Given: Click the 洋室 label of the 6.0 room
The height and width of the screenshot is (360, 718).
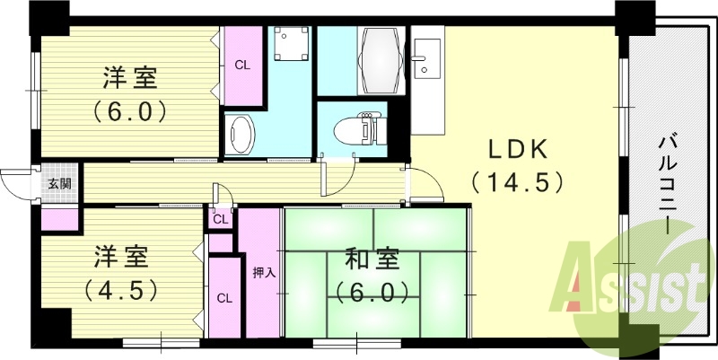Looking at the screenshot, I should (x=128, y=79).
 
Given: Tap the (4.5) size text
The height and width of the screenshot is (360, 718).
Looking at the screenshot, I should (x=122, y=290).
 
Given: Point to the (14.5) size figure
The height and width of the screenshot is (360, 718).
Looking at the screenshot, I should (x=516, y=182).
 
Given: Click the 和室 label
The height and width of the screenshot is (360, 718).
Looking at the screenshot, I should (x=373, y=260).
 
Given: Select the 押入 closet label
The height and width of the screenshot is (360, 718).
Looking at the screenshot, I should (x=259, y=273).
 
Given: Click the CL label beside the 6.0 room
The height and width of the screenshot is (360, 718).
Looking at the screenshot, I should (x=242, y=65).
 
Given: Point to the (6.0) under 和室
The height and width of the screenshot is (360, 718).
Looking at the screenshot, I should (x=373, y=292).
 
